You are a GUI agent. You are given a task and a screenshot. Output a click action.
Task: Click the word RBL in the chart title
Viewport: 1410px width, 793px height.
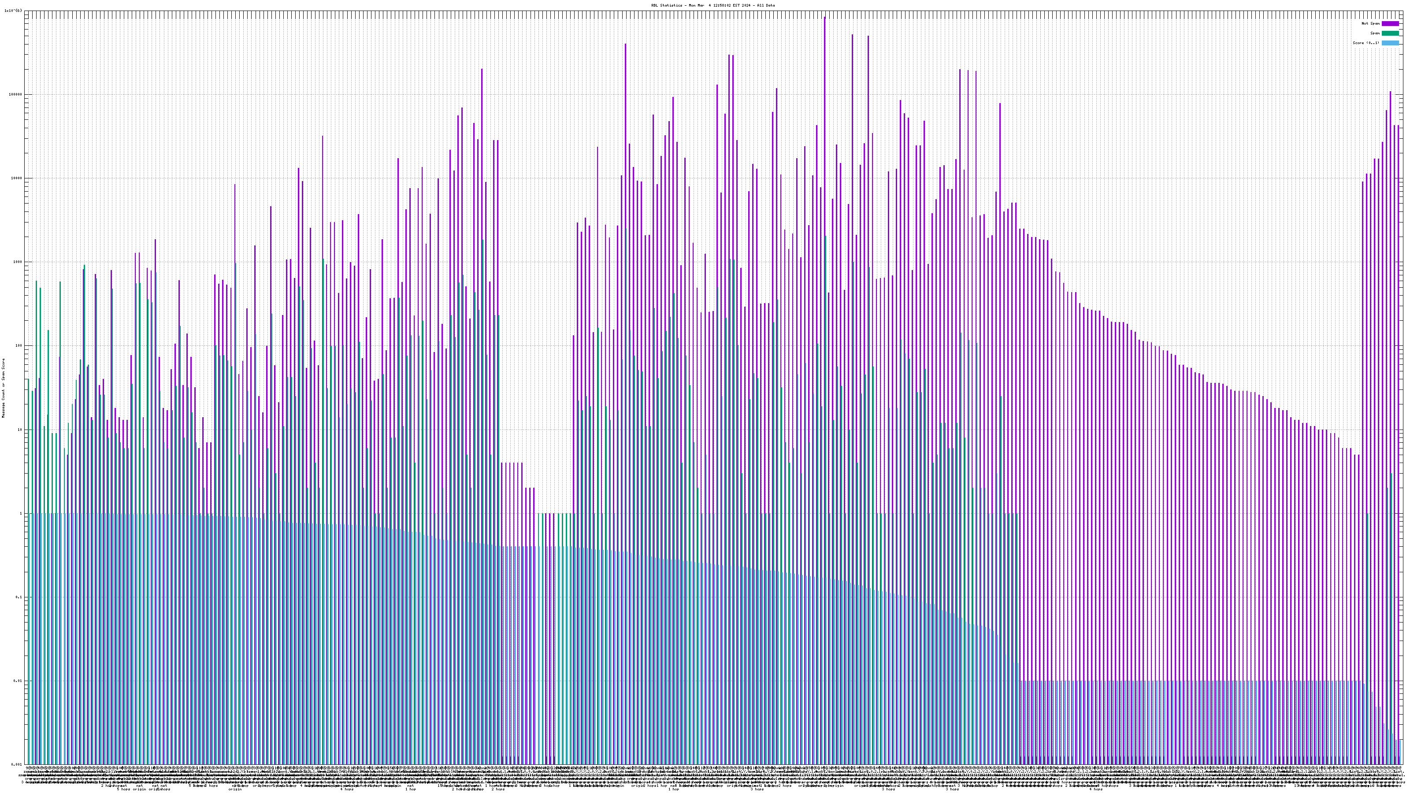click(x=655, y=5)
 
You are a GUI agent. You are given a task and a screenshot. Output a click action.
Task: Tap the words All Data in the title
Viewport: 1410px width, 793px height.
click(x=766, y=5)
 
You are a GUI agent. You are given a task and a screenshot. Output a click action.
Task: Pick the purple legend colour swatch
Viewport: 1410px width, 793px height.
click(x=1390, y=23)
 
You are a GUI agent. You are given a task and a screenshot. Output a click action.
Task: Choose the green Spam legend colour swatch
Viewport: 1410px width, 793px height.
click(x=1390, y=33)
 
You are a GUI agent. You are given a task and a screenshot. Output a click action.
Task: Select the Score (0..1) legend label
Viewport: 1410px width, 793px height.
click(x=1365, y=43)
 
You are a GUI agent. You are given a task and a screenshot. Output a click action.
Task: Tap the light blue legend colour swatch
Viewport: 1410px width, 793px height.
click(x=1390, y=43)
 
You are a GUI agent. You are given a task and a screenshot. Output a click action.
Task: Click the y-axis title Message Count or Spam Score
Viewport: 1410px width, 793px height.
click(x=3, y=388)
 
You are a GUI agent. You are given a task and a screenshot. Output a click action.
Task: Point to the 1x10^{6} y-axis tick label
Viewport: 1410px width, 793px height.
click(x=14, y=11)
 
